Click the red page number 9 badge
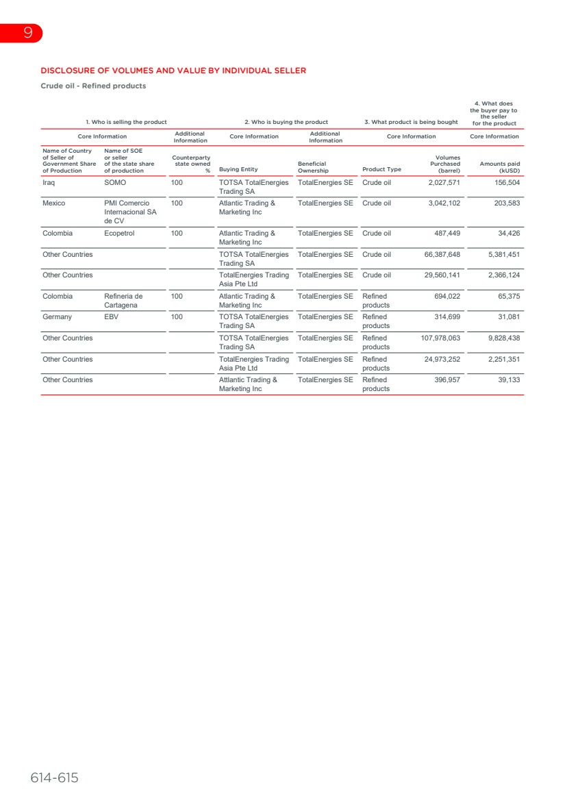(x=27, y=33)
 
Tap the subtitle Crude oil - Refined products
(x=93, y=86)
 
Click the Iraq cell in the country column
(x=49, y=183)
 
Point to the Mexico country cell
(x=54, y=203)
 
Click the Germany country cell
(x=57, y=317)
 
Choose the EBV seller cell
(x=111, y=317)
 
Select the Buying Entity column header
(x=238, y=169)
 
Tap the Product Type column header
(x=381, y=169)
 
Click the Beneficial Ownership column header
(x=314, y=167)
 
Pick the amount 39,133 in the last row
(x=507, y=380)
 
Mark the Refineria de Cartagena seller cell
(x=123, y=301)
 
